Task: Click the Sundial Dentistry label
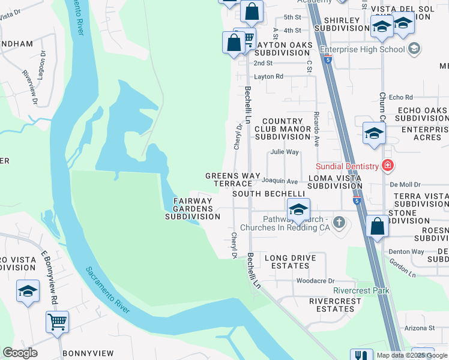tap(348, 166)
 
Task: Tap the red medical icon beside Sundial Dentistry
tap(388, 166)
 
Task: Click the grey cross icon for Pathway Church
tap(339, 223)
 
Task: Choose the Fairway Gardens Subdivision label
tap(193, 208)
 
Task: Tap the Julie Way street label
tap(284, 152)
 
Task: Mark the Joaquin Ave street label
tap(283, 181)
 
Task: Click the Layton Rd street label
tap(268, 77)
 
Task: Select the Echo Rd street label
tap(401, 97)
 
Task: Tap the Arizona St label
tap(419, 328)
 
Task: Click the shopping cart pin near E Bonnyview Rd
tap(58, 322)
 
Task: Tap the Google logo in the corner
tap(20, 353)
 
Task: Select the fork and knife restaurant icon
tap(361, 355)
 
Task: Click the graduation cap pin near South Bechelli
tap(298, 210)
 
